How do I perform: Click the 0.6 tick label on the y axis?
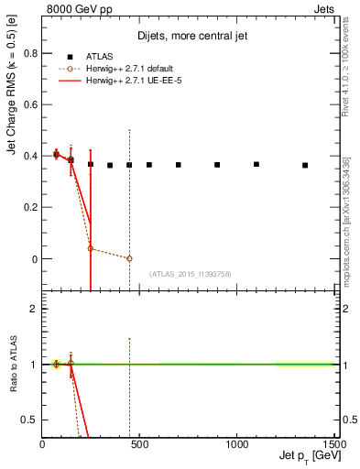click(29, 104)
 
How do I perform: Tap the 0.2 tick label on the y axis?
click(29, 208)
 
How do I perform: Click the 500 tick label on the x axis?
click(139, 444)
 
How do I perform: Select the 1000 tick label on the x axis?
click(236, 444)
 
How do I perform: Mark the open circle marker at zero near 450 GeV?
click(129, 258)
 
